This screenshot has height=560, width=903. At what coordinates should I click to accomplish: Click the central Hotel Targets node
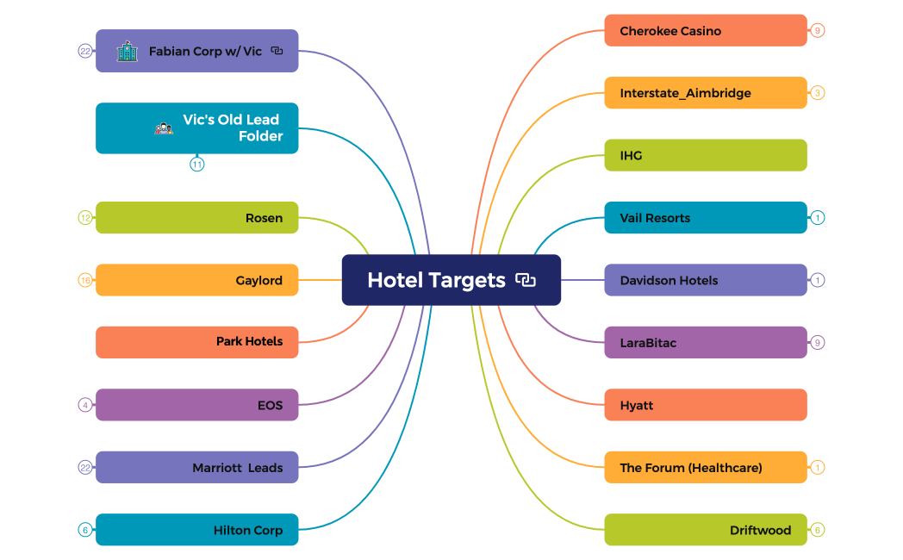point(451,280)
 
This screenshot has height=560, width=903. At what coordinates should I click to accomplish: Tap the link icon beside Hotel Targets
point(526,280)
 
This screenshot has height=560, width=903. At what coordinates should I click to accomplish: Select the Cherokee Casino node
point(706,30)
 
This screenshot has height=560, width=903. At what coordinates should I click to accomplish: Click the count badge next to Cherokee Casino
point(817,30)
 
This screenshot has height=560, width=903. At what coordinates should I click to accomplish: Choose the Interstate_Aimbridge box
point(706,93)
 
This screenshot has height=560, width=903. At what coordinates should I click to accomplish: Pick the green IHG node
point(706,155)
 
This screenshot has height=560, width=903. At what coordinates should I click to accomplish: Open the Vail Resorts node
point(706,218)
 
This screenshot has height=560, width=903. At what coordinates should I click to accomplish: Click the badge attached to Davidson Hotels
point(817,280)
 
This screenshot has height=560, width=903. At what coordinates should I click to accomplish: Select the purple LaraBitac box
point(706,342)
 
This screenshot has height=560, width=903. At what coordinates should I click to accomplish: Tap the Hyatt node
point(706,405)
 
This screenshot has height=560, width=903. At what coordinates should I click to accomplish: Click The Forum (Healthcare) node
point(706,467)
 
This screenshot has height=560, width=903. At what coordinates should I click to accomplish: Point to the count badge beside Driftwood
point(817,530)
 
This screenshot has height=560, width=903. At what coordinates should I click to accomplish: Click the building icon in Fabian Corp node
point(128,51)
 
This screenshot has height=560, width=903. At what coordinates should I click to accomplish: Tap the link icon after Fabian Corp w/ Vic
point(277,51)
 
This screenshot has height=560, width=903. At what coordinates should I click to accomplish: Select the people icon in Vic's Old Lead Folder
point(164,128)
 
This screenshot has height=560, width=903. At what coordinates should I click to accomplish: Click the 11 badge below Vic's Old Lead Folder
point(197,165)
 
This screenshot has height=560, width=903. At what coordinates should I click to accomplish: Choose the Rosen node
point(197,218)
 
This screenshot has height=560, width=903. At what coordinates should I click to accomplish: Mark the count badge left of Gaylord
point(85,280)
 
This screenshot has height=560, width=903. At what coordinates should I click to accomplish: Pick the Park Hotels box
point(197,342)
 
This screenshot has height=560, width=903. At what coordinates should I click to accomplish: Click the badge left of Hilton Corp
point(85,530)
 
